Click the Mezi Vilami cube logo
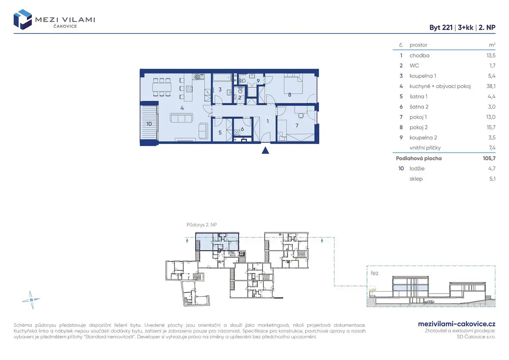[x=22, y=20]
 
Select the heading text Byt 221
[x=441, y=28]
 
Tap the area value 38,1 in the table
[x=491, y=86]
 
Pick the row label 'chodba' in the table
[x=420, y=56]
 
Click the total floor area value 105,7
[x=489, y=158]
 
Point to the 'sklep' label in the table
[x=416, y=179]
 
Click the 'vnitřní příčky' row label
[x=425, y=148]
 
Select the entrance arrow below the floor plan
[x=266, y=151]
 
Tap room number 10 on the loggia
[x=149, y=124]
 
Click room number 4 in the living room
[x=182, y=108]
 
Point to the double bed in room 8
[x=294, y=84]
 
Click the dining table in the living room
[x=162, y=87]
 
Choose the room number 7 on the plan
[x=297, y=126]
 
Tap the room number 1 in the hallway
[x=268, y=121]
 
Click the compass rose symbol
[x=31, y=300]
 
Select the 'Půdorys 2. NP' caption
[x=202, y=225]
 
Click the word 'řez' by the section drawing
[x=375, y=273]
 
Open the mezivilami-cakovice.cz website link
[x=457, y=324]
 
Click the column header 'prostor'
[x=418, y=45]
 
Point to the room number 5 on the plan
[x=220, y=132]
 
